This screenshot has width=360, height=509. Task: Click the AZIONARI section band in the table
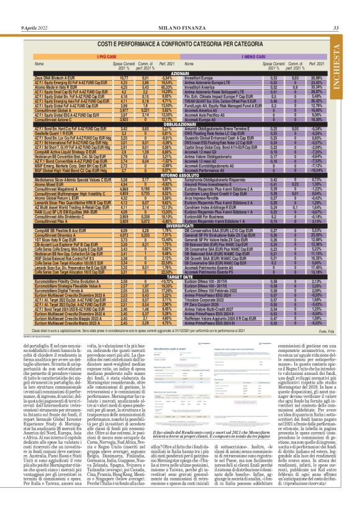(x=179, y=73)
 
